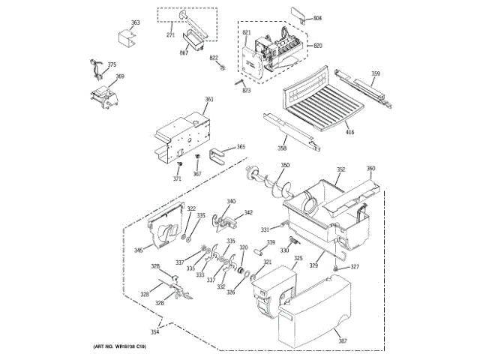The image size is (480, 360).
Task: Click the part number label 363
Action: [x=135, y=23]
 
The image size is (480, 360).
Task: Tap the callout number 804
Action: [x=317, y=17]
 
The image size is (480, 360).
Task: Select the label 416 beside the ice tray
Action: [x=350, y=133]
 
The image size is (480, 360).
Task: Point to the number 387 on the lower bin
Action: [x=343, y=342]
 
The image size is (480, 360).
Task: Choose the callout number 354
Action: [x=154, y=331]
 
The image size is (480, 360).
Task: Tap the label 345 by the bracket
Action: [x=138, y=250]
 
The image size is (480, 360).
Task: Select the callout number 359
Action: [x=375, y=73]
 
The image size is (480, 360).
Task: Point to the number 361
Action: [x=208, y=100]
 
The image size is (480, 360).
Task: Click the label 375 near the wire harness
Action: [x=112, y=64]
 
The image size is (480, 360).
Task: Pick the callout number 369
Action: [x=119, y=76]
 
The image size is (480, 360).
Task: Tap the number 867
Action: [x=184, y=53]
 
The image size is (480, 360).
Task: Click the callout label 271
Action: [x=170, y=36]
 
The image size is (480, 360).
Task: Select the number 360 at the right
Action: [x=370, y=168]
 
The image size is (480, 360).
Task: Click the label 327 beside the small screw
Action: [x=355, y=267]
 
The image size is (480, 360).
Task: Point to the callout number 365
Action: [x=241, y=147]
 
